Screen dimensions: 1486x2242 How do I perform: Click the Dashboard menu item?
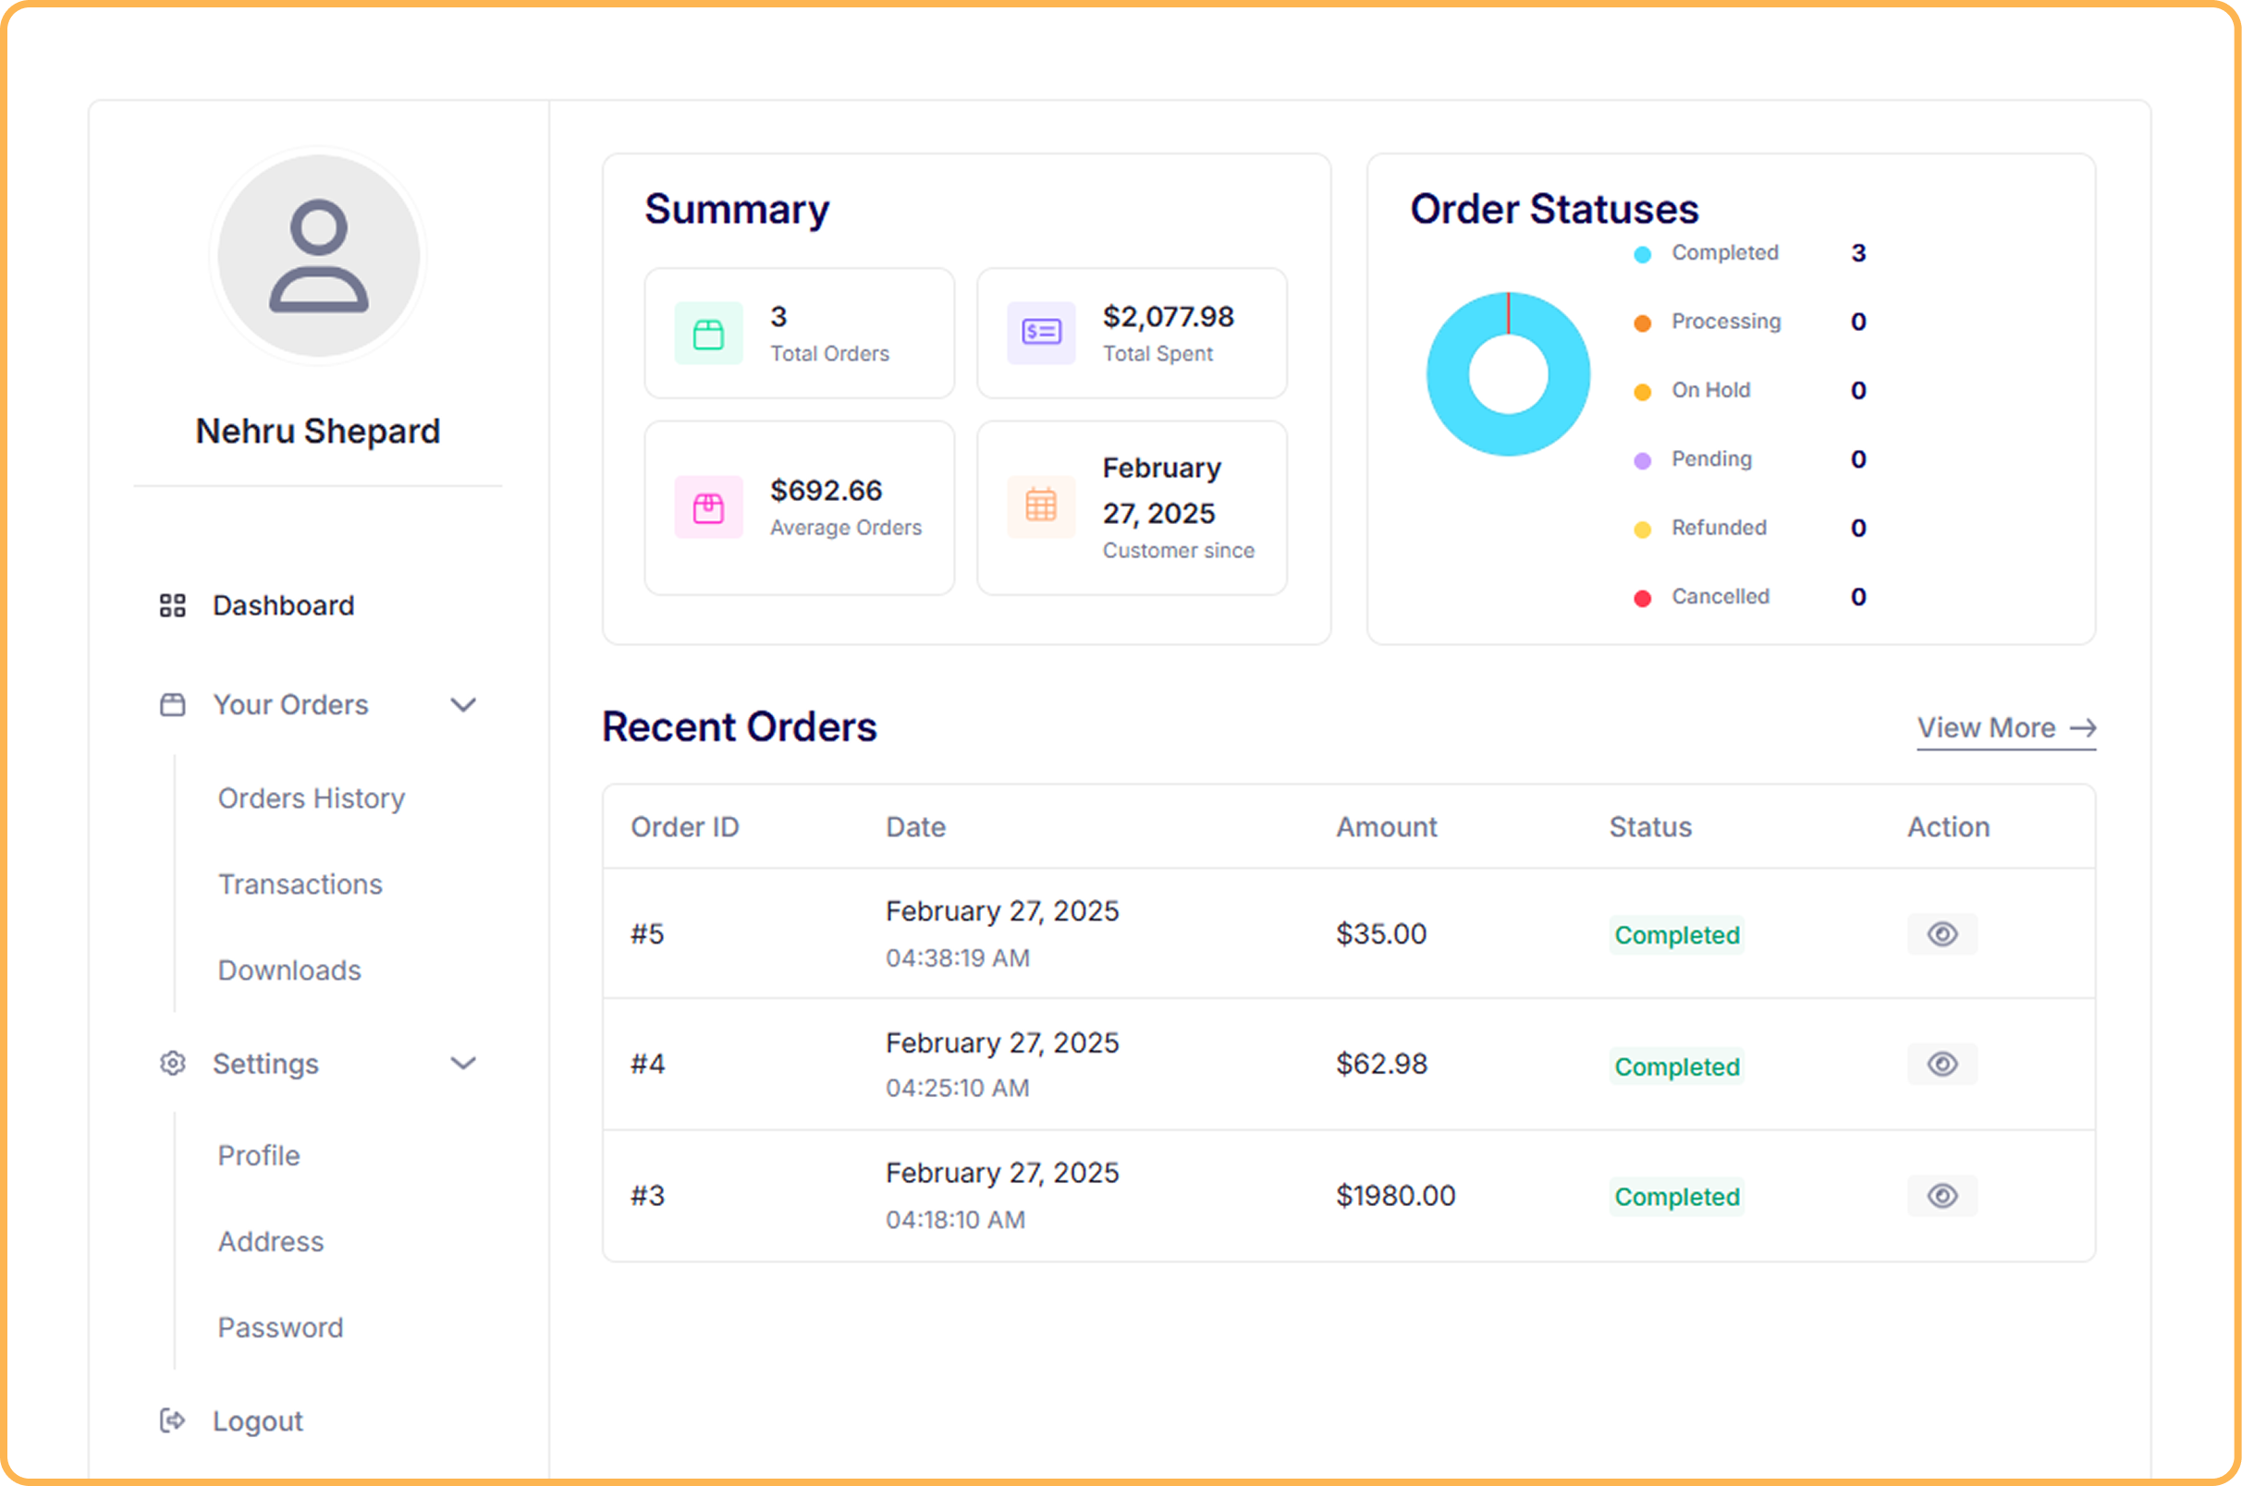click(x=283, y=605)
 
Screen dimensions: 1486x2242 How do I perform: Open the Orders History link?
click(x=311, y=798)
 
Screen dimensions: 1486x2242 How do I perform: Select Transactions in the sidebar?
click(x=300, y=884)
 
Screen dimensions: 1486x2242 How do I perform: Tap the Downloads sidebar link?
click(x=289, y=970)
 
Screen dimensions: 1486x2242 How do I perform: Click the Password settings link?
click(x=279, y=1328)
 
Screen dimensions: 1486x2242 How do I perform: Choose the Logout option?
click(x=257, y=1420)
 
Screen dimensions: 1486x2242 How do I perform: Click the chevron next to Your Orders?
click(x=462, y=705)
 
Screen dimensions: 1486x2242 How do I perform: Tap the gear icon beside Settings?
click(x=173, y=1064)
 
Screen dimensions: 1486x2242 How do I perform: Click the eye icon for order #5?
click(x=1942, y=934)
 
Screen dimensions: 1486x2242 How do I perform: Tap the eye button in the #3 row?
click(x=1942, y=1196)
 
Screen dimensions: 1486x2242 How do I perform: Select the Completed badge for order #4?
click(x=1676, y=1066)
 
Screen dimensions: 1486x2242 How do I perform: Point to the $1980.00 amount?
click(x=1395, y=1196)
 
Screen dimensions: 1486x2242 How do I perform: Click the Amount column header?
click(x=1386, y=827)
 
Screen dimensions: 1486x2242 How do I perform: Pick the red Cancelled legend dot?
click(x=1643, y=598)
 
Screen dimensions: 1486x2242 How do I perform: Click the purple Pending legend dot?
click(x=1643, y=460)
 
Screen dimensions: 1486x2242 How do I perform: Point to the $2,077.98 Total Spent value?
click(x=1168, y=317)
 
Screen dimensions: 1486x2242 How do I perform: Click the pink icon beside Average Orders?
click(x=708, y=508)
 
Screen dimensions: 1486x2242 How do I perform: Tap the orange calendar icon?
click(x=1041, y=505)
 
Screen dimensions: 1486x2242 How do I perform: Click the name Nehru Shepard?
click(x=317, y=432)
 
